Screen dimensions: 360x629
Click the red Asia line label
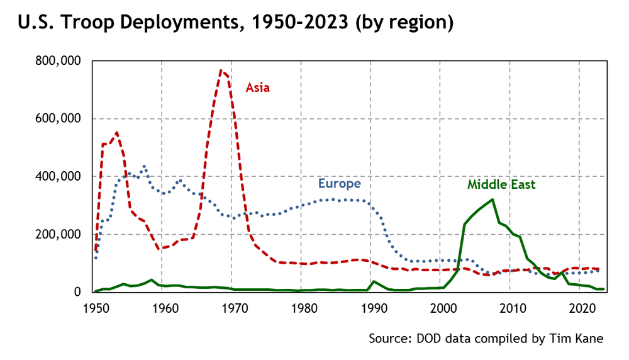click(x=257, y=87)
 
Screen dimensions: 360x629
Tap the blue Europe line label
click(x=339, y=184)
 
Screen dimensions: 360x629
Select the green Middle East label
click(x=501, y=184)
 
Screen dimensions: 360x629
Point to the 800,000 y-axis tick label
click(x=60, y=61)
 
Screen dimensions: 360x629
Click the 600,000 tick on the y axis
click(x=60, y=119)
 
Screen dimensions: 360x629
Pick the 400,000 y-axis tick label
click(x=60, y=177)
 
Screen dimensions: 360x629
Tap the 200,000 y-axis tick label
click(x=60, y=235)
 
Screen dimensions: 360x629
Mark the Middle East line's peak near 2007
click(x=492, y=200)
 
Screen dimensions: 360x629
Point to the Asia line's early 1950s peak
click(x=117, y=132)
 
